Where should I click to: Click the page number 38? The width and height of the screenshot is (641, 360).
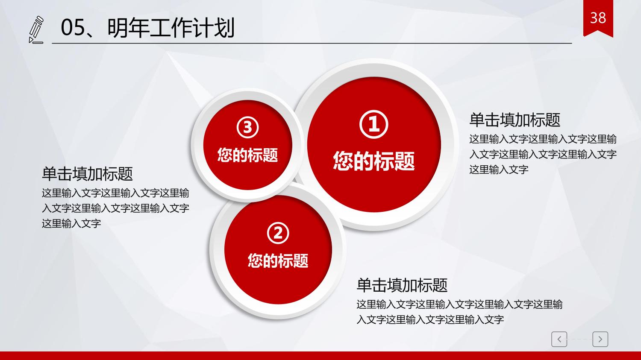pos(598,18)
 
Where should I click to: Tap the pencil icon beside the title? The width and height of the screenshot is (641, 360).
pos(36,30)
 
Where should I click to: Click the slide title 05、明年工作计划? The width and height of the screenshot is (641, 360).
pos(148,28)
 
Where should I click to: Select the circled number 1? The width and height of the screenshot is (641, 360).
pos(374,124)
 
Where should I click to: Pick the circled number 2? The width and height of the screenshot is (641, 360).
pos(278,233)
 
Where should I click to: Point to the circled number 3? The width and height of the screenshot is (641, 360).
pos(247,128)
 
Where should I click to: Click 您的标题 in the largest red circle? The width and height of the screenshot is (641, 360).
pos(374,161)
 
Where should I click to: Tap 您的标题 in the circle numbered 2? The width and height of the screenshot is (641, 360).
pos(278,260)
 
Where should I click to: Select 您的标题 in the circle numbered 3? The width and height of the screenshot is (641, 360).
pos(247,155)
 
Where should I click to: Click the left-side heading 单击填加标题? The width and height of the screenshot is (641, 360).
pos(87,174)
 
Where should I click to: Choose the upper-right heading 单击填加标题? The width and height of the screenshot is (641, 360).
pos(515,120)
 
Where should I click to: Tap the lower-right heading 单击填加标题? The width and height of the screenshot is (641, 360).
pos(402,285)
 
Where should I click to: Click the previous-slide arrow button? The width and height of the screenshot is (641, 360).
pos(559,339)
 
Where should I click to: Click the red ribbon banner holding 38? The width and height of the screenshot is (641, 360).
pos(598,18)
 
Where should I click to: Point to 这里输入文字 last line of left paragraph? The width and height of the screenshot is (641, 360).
pos(71,223)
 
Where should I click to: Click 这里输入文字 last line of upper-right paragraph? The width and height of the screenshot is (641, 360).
pos(499,170)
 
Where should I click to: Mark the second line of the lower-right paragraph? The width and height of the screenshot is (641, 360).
pos(430,319)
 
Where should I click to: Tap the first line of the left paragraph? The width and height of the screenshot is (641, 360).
pos(115,193)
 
